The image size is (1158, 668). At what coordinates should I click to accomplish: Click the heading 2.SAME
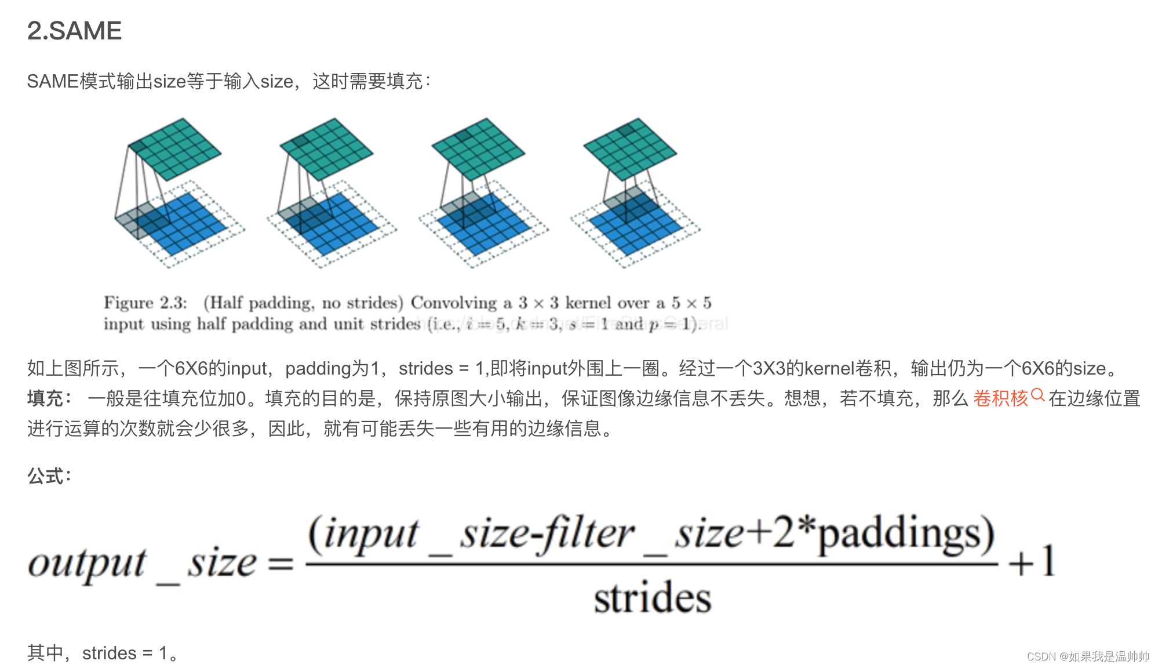(x=74, y=31)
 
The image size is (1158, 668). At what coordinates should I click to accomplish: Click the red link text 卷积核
(x=1000, y=398)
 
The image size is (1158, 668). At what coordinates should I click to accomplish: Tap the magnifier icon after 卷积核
(x=1037, y=395)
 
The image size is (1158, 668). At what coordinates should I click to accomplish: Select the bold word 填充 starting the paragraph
(x=45, y=398)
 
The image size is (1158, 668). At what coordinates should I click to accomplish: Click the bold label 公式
(x=46, y=476)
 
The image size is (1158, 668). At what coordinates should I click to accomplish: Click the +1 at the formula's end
(x=1032, y=561)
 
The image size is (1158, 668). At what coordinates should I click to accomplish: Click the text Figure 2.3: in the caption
(x=145, y=303)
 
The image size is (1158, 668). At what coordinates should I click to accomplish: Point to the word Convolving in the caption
(x=454, y=303)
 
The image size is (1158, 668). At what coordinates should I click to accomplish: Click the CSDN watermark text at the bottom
(x=1088, y=656)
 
